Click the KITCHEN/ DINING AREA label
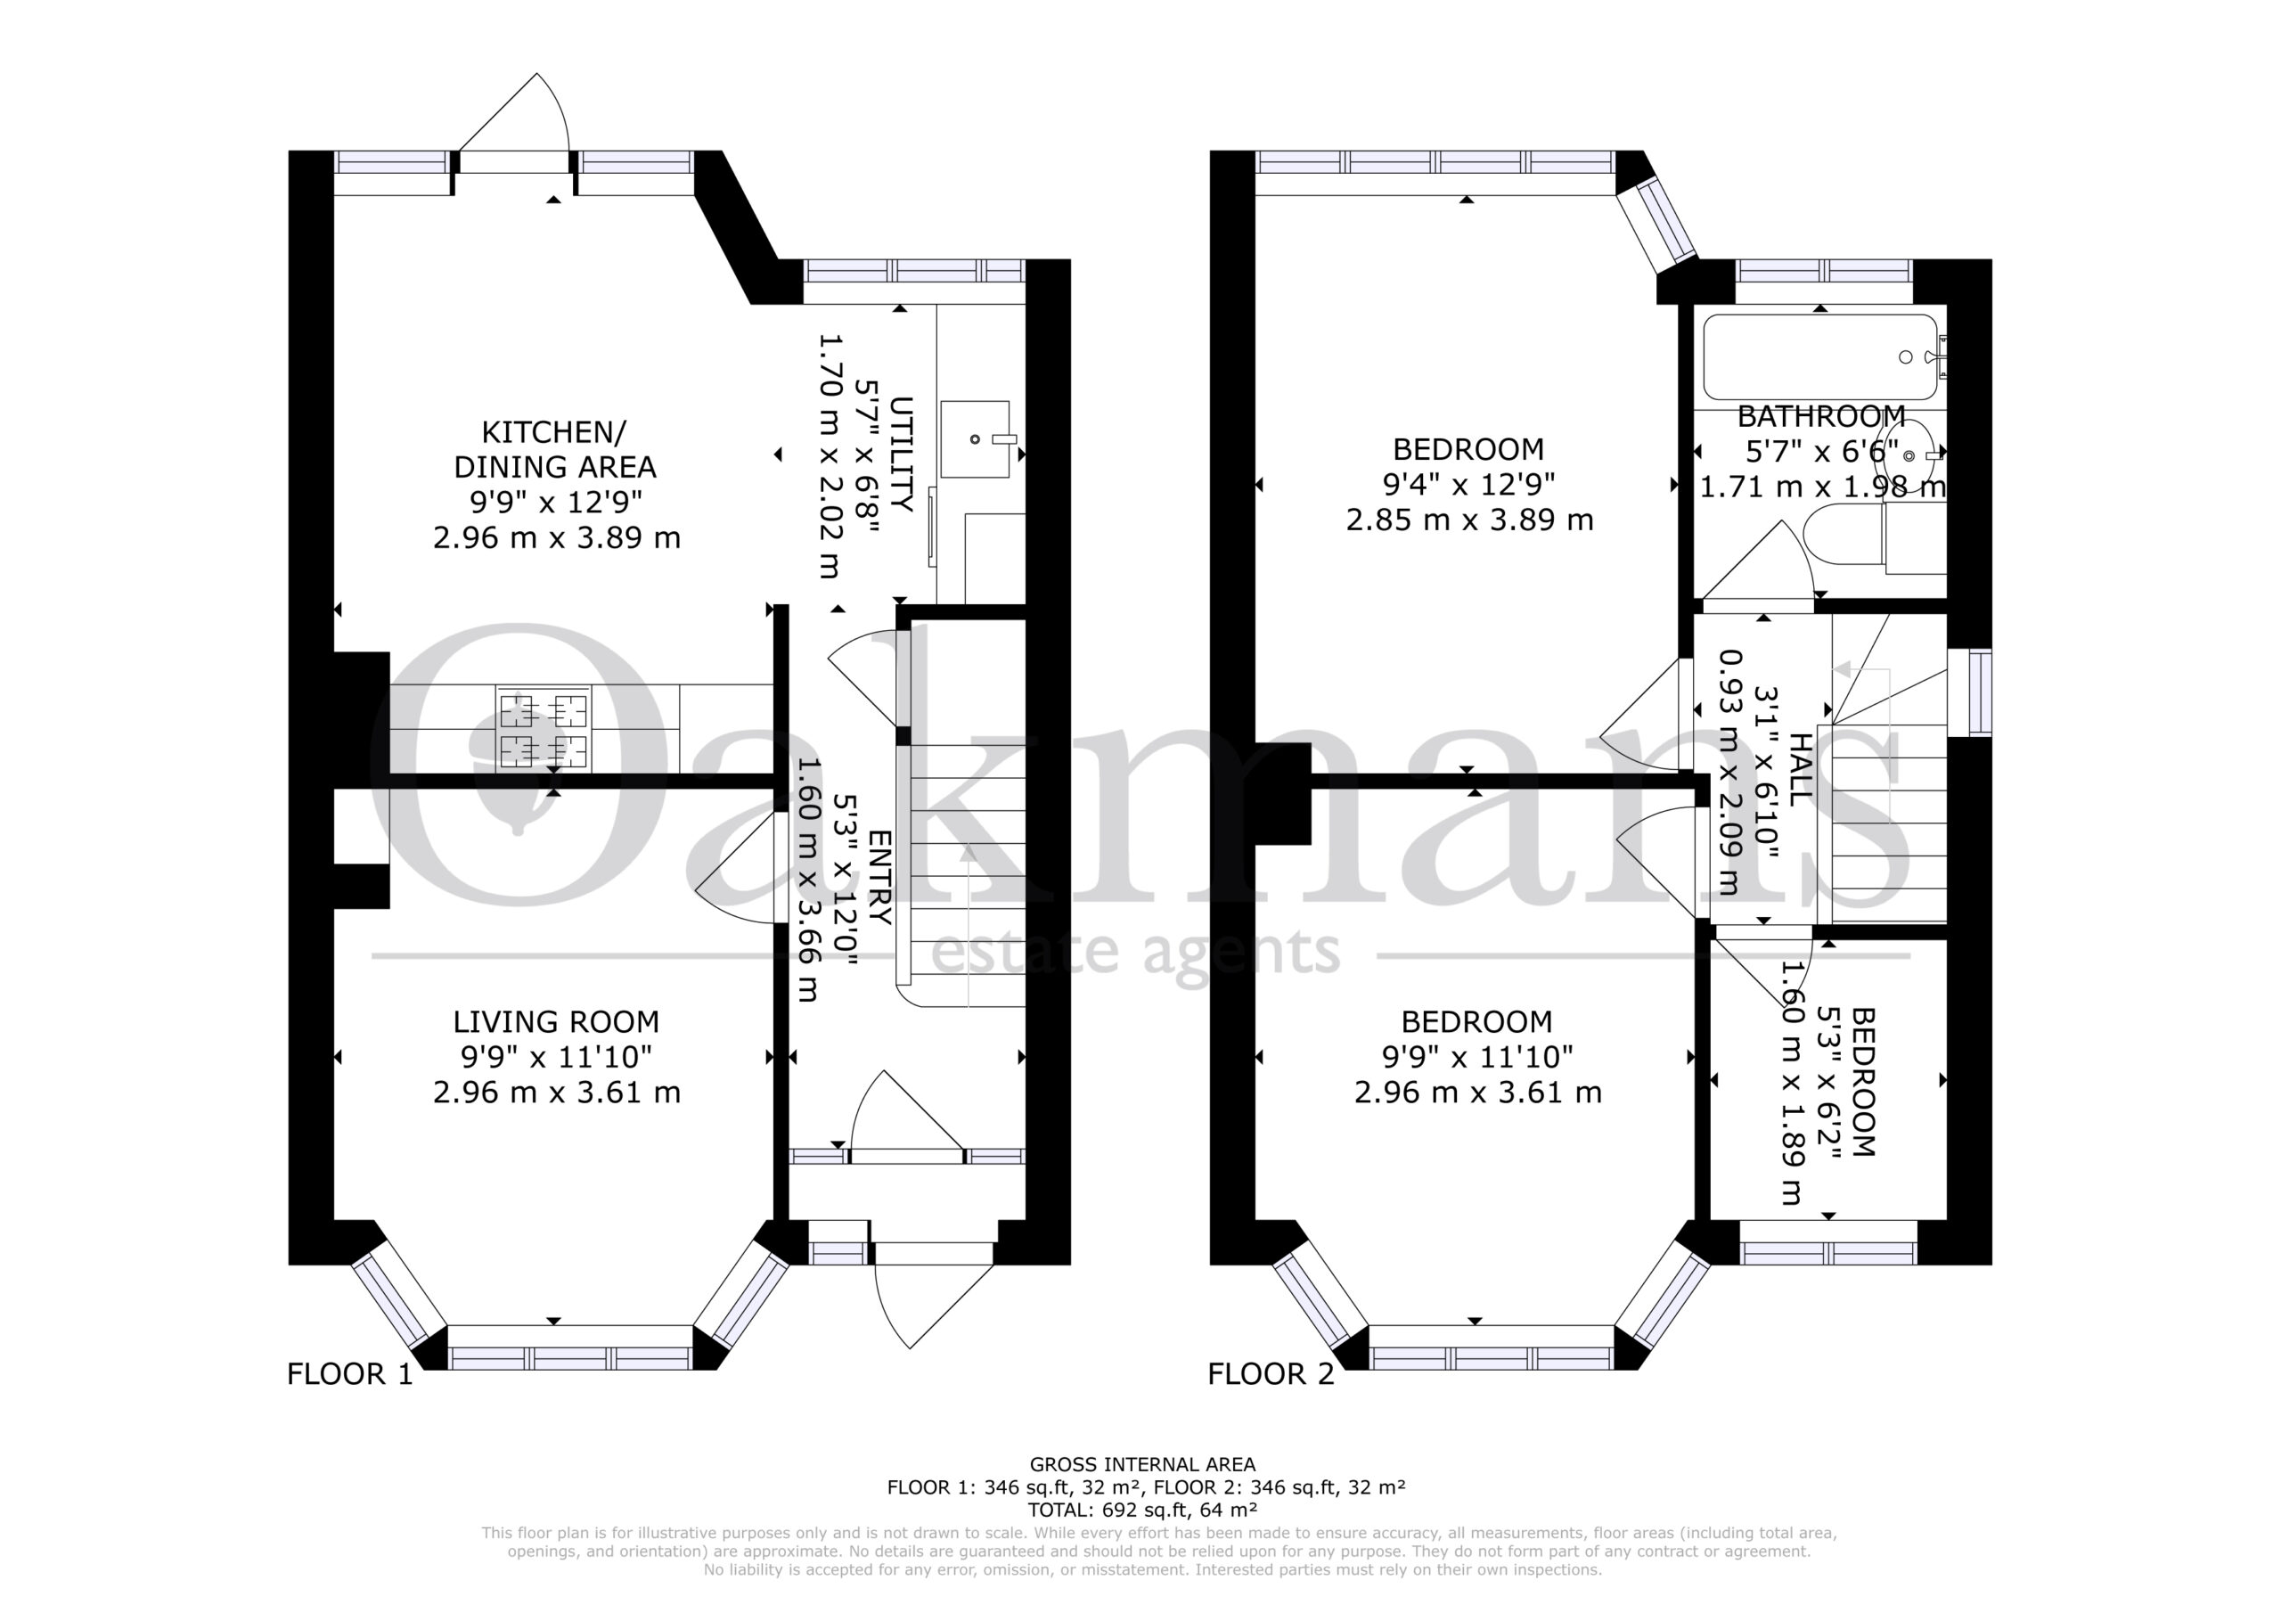tap(554, 449)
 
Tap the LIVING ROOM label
tap(556, 1021)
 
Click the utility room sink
tap(976, 439)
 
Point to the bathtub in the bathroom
tap(1821, 356)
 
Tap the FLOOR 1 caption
tap(349, 1374)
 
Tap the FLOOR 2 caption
tap(1271, 1374)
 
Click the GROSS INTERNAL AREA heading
tap(1142, 1464)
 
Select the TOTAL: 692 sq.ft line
tap(1142, 1511)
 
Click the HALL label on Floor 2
tap(1799, 767)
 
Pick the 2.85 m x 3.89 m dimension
tap(1469, 520)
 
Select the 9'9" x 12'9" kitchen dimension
tap(556, 502)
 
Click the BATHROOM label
tap(1821, 415)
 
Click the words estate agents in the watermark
tap(1134, 952)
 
